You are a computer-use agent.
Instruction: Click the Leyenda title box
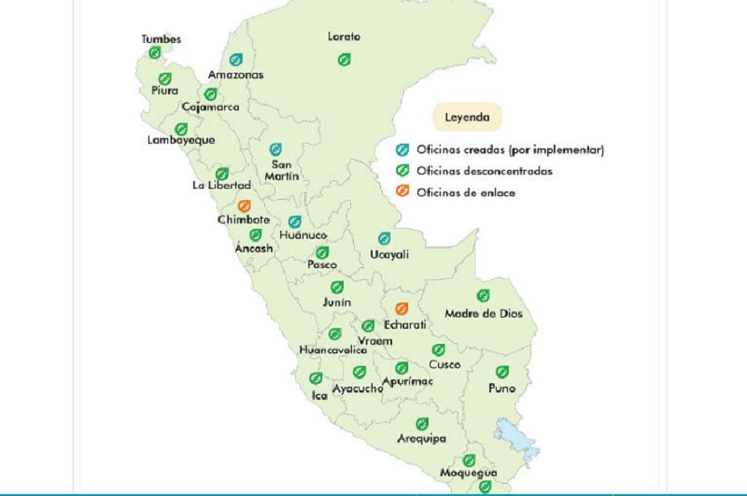pyautogui.click(x=465, y=119)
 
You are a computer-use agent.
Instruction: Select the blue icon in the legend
pyautogui.click(x=402, y=149)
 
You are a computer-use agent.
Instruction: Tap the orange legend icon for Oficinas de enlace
pyautogui.click(x=402, y=192)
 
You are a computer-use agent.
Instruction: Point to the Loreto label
pyautogui.click(x=344, y=37)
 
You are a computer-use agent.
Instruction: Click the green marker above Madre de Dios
pyautogui.click(x=484, y=296)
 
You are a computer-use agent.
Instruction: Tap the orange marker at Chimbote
pyautogui.click(x=245, y=205)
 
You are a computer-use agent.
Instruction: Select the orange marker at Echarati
pyautogui.click(x=402, y=309)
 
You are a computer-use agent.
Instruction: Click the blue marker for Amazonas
pyautogui.click(x=236, y=60)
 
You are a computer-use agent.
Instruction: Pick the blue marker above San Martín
pyautogui.click(x=275, y=149)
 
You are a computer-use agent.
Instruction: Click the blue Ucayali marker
pyautogui.click(x=383, y=238)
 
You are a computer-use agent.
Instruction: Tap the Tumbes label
pyautogui.click(x=161, y=39)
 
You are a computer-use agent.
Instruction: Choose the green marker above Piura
pyautogui.click(x=165, y=78)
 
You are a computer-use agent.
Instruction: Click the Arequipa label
pyautogui.click(x=421, y=438)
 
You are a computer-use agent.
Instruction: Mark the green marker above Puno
pyautogui.click(x=502, y=372)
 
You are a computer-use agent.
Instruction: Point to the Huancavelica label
pyautogui.click(x=327, y=350)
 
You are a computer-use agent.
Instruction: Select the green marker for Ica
pyautogui.click(x=316, y=379)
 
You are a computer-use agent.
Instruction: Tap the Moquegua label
pyautogui.click(x=469, y=474)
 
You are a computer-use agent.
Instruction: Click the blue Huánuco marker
pyautogui.click(x=294, y=222)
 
